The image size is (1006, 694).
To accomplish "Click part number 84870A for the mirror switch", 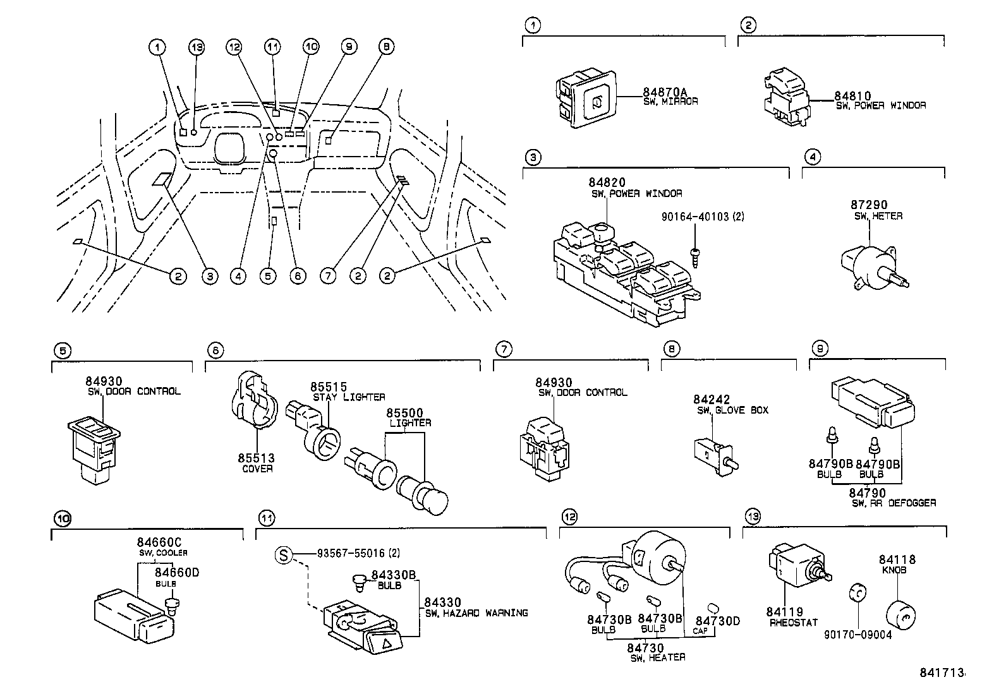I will [665, 92].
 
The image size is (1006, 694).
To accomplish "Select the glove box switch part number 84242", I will [711, 400].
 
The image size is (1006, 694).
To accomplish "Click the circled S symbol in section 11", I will [283, 555].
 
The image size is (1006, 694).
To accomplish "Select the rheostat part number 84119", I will [784, 612].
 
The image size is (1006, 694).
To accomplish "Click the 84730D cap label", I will [717, 621].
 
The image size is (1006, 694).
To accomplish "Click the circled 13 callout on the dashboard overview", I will [197, 47].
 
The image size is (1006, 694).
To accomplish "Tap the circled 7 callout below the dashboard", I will [328, 276].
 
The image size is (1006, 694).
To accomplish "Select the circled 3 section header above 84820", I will [533, 157].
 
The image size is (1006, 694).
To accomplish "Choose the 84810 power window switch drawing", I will [787, 99].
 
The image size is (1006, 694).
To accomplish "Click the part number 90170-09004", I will [858, 635].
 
